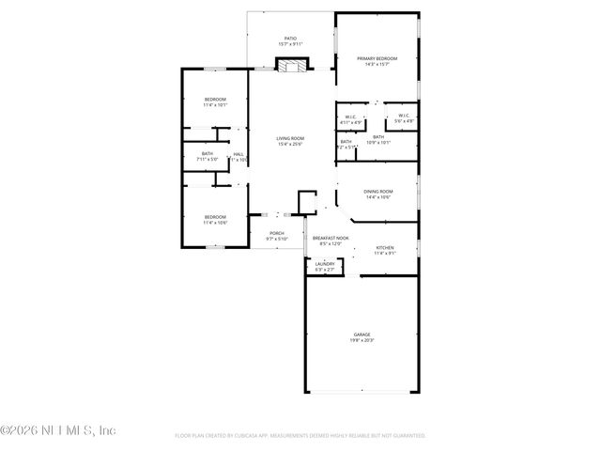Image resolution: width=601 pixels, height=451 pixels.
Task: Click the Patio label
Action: [x=291, y=39]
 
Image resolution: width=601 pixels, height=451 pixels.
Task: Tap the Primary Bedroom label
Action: [x=378, y=59]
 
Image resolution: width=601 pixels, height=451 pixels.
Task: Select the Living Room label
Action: [x=290, y=139]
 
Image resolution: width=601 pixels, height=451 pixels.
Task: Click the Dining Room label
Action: [x=378, y=192]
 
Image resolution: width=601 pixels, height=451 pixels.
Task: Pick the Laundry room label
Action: [x=325, y=264]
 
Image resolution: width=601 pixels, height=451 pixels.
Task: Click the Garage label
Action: [x=362, y=334]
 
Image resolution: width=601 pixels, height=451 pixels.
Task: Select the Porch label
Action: [x=277, y=233]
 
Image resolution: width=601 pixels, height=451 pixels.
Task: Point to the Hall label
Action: [x=239, y=154]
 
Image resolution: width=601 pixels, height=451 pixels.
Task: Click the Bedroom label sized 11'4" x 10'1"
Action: [x=216, y=100]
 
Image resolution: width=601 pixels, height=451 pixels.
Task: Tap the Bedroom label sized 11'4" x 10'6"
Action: [x=216, y=217]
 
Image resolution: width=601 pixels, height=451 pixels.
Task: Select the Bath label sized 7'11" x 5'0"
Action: [x=208, y=154]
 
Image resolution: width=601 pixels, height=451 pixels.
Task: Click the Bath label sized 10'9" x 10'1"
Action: [x=378, y=138]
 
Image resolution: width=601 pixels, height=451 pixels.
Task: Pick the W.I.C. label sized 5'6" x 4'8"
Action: [x=404, y=117]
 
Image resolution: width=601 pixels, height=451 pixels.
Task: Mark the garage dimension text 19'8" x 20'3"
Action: [x=362, y=340]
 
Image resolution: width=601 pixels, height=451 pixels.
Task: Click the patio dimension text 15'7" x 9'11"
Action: [x=291, y=44]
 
